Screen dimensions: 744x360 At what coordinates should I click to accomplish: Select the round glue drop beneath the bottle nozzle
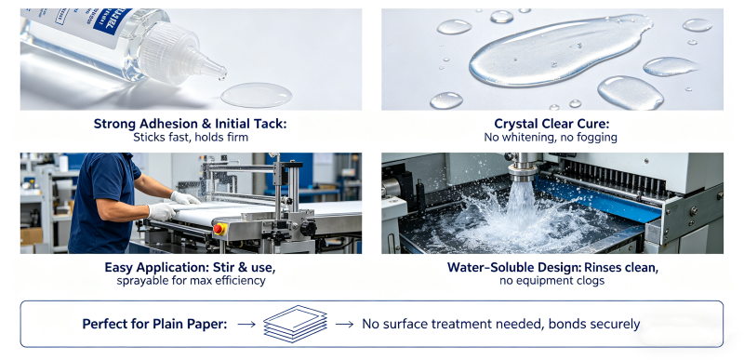pyautogui.click(x=257, y=95)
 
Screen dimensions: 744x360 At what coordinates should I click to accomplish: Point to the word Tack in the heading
pyautogui.click(x=272, y=124)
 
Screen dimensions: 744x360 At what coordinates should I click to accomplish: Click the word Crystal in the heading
pyautogui.click(x=516, y=125)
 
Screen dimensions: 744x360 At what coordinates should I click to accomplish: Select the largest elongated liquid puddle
pyautogui.click(x=560, y=50)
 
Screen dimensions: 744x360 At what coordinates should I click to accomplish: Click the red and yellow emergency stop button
pyautogui.click(x=219, y=229)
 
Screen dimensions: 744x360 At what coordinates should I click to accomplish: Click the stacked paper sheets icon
pyautogui.click(x=296, y=324)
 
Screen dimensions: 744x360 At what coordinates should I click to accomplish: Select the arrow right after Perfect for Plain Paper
pyautogui.click(x=246, y=325)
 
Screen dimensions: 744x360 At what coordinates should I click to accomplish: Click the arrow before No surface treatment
pyautogui.click(x=344, y=325)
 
